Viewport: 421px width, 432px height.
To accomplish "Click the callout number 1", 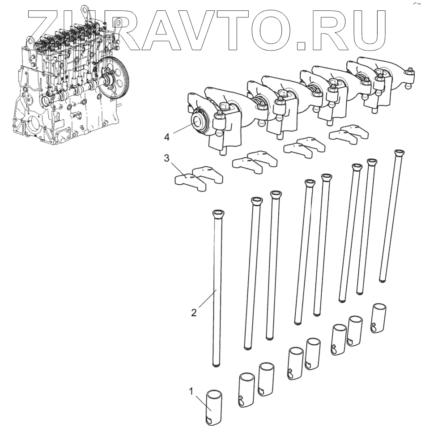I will click(191, 391).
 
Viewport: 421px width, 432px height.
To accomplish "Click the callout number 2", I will click(194, 312).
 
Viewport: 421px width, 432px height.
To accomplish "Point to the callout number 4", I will click(167, 137).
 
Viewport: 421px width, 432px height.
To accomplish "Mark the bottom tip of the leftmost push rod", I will click(217, 366).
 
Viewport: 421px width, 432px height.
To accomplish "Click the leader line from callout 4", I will click(181, 130).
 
